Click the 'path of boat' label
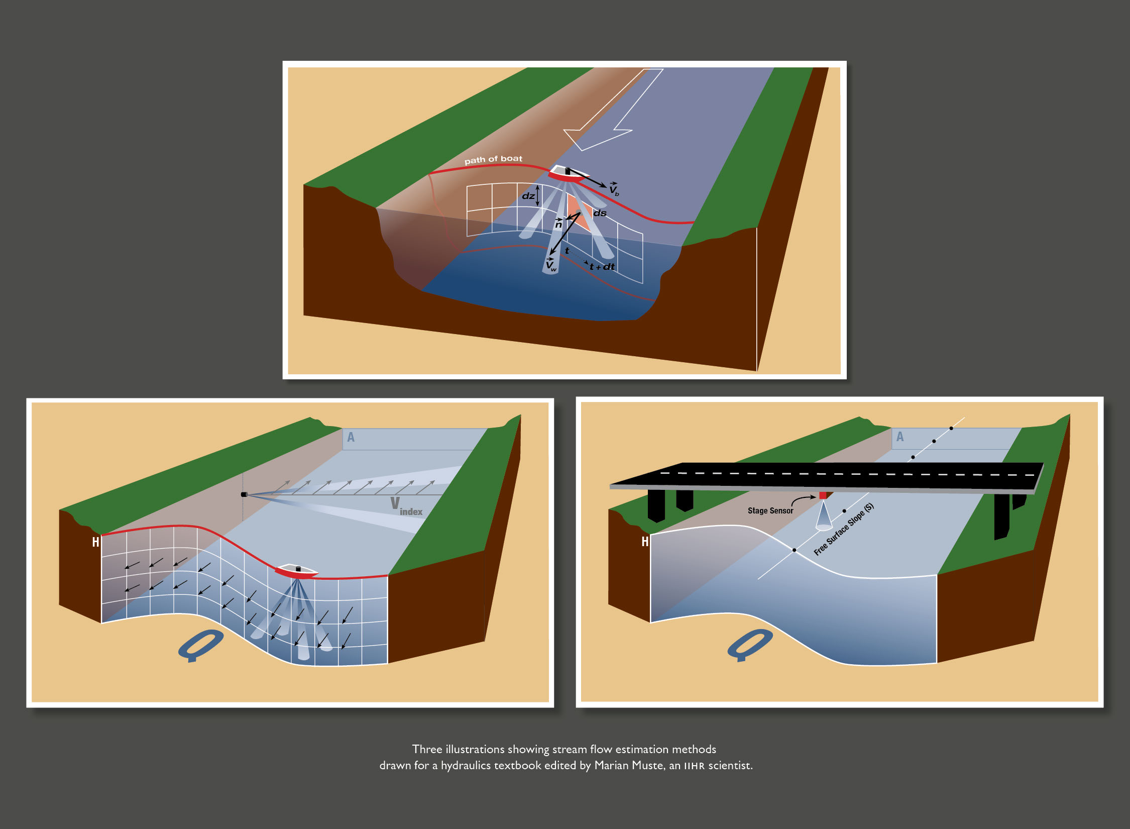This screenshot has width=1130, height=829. [493, 159]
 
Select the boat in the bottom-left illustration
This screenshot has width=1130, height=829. [296, 571]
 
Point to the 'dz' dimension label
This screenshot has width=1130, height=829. [528, 196]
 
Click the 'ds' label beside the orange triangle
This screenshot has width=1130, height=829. [600, 213]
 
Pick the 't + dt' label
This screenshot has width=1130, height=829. [602, 267]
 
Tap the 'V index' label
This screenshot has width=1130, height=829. [406, 506]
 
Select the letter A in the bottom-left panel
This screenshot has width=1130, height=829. [351, 437]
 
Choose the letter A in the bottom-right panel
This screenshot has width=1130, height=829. [900, 437]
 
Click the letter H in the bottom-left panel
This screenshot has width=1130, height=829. [95, 542]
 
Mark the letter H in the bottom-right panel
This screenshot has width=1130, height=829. [645, 542]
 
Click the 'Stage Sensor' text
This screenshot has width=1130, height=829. [770, 510]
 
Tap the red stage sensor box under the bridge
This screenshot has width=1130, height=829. [823, 495]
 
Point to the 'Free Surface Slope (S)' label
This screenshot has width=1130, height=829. [844, 529]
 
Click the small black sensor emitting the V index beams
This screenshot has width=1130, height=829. [244, 494]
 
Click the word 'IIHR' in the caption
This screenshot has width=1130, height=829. [694, 766]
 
